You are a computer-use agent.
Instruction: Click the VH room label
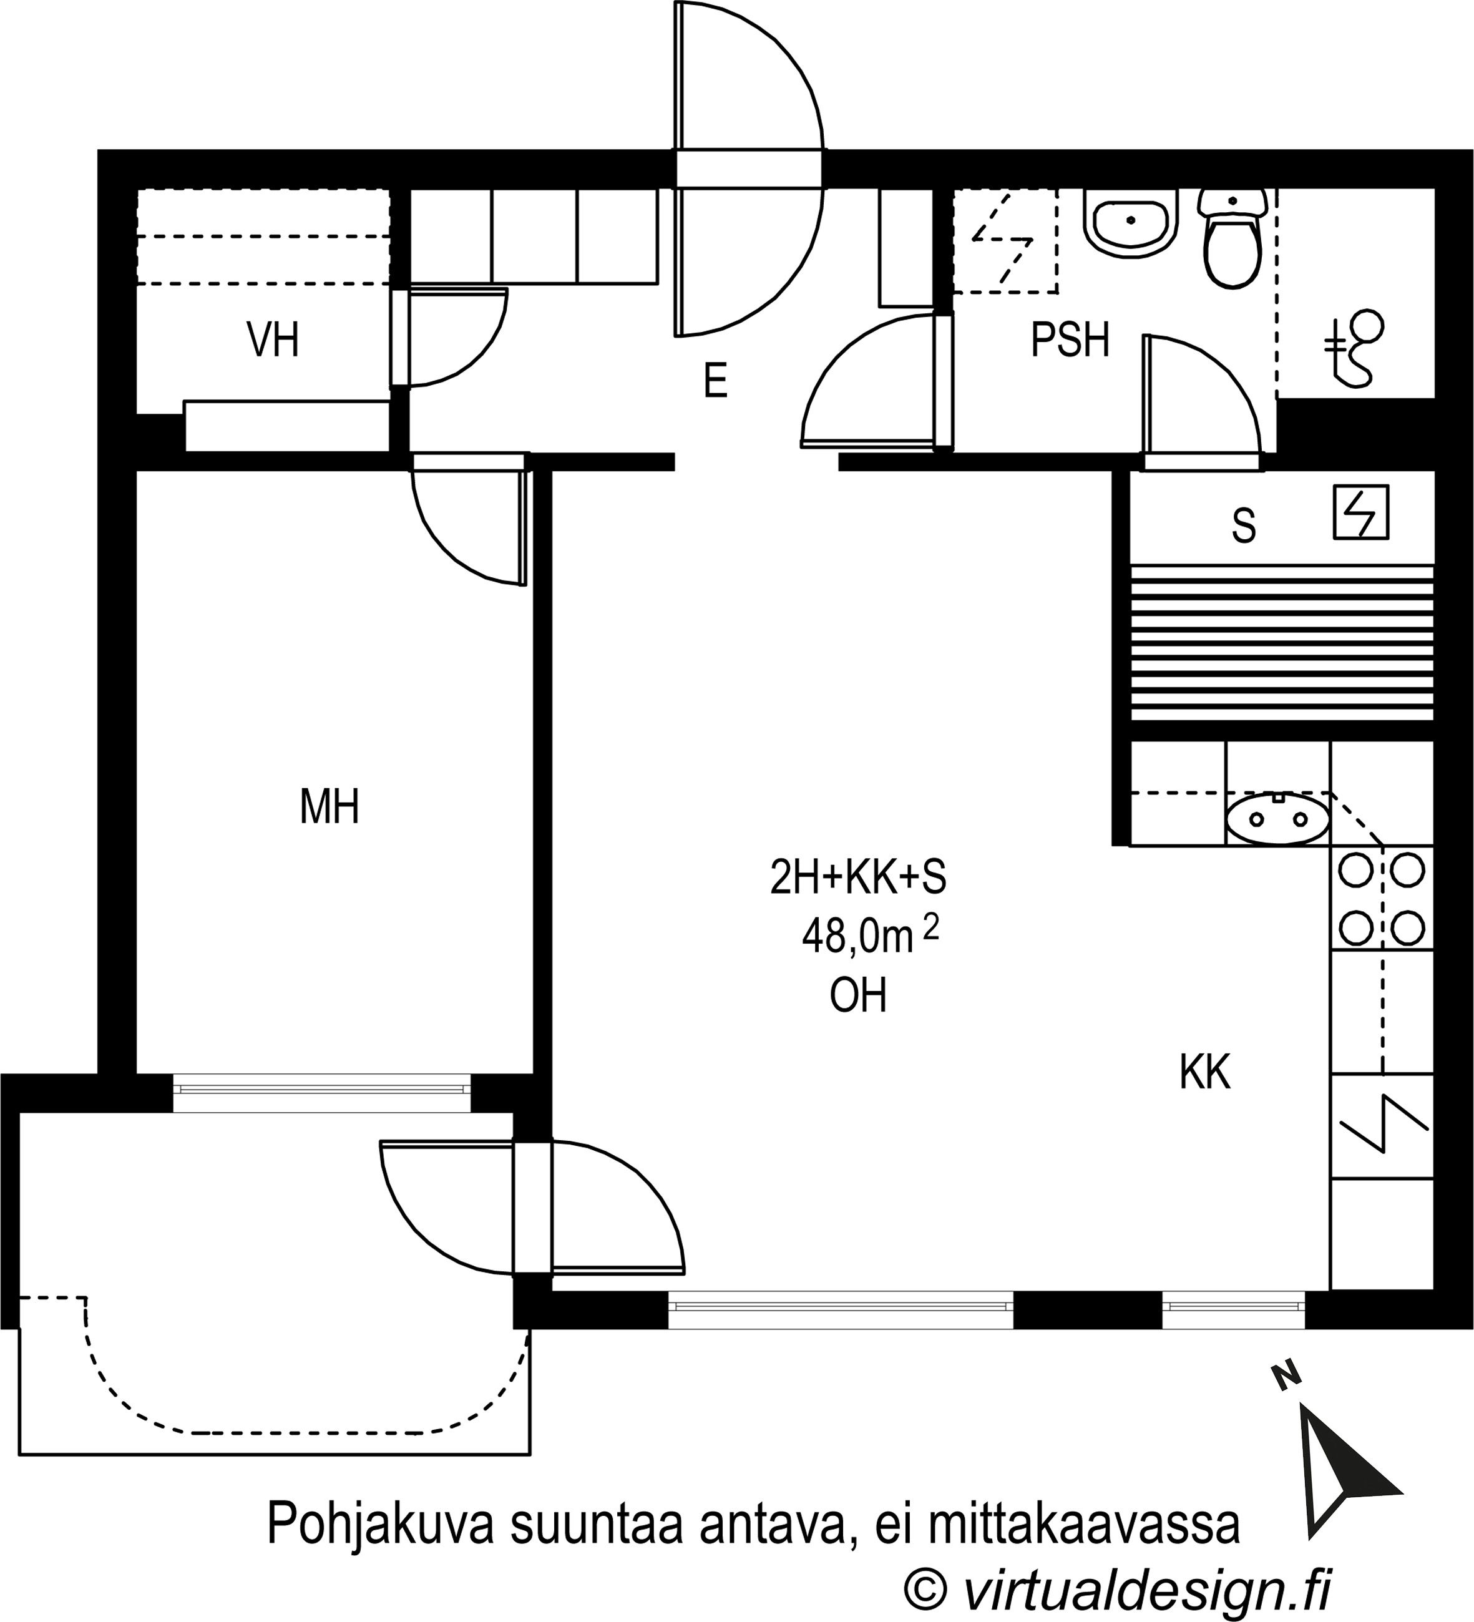[273, 340]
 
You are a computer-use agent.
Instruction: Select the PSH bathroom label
[1070, 340]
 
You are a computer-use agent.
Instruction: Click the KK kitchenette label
[1204, 1072]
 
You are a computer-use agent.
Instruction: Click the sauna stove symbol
[1360, 512]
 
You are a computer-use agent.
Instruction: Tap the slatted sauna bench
[1282, 642]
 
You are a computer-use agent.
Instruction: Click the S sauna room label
[1243, 526]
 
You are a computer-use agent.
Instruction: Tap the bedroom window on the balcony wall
[322, 1090]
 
